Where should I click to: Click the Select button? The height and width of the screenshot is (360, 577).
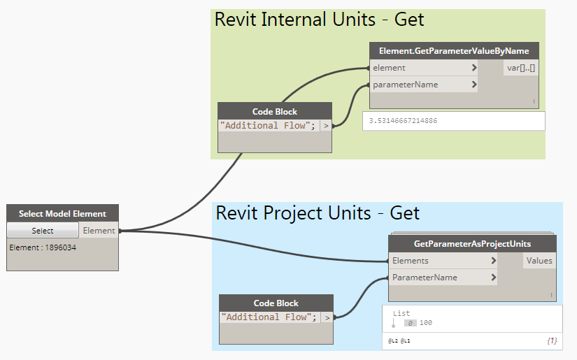tap(43, 231)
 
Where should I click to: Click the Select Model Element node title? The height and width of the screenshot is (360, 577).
tap(62, 214)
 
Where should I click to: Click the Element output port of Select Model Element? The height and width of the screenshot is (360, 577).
tap(99, 231)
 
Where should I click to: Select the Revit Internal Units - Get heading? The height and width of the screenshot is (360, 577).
tap(319, 20)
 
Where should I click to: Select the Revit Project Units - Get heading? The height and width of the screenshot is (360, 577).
tap(318, 213)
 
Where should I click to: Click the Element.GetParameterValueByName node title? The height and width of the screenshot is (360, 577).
tap(454, 51)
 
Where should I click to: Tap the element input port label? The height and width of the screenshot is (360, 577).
tap(389, 68)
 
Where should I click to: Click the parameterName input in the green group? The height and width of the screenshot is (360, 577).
tap(405, 85)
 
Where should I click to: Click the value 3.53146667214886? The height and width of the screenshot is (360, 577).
tap(410, 121)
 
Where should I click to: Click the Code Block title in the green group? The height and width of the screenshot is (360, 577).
tap(275, 111)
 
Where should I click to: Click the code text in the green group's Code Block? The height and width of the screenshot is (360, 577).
tap(268, 126)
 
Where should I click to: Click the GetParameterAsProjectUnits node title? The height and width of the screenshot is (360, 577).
tap(472, 244)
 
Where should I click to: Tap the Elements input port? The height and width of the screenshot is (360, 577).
tap(411, 261)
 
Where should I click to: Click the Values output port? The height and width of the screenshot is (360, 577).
tap(539, 261)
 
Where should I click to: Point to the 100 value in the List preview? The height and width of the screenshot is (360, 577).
tap(426, 322)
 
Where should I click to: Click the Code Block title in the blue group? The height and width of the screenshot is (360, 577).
tap(276, 303)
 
